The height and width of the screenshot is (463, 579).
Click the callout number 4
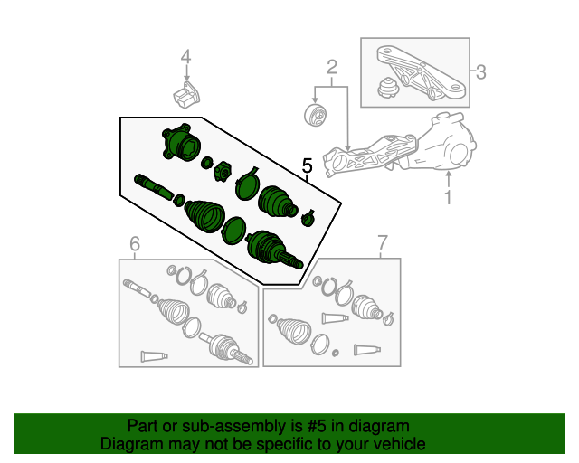pos(186,57)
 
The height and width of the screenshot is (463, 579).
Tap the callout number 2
pos(332,67)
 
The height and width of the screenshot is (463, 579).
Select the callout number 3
pos(480,71)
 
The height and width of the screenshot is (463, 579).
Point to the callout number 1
pos(448,197)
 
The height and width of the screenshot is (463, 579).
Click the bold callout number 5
pos(308,165)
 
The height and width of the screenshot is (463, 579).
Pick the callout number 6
pos(135,243)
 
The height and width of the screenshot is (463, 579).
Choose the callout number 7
pos(382,243)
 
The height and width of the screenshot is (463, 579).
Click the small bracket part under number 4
pos(186,96)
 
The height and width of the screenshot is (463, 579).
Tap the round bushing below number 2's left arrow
pos(315,115)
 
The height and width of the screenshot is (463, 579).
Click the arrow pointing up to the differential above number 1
pos(448,180)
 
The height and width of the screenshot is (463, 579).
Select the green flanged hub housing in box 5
pos(181,143)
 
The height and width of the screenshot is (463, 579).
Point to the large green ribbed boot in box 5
pos(204,216)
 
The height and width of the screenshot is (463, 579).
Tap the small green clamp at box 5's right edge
pos(308,218)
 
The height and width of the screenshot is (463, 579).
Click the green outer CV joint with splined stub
pos(273,249)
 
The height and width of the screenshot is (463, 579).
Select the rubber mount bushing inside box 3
pos(388,88)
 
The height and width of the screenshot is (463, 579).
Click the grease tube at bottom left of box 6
pos(154,356)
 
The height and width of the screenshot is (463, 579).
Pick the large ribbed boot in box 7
pos(293,329)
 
